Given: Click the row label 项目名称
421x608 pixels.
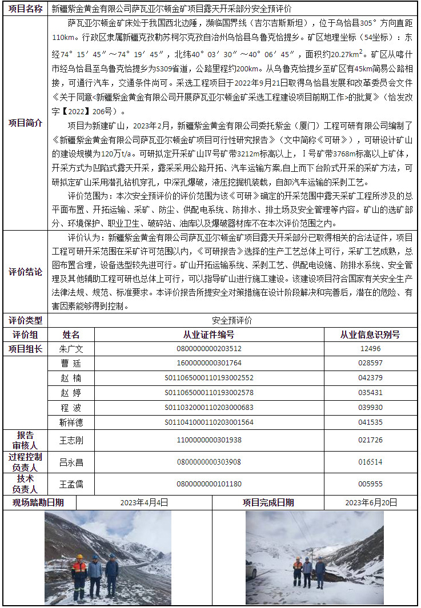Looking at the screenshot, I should [x=25, y=9].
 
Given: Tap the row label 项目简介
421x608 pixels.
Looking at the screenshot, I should [x=25, y=123].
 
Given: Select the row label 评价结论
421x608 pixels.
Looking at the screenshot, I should [x=25, y=272].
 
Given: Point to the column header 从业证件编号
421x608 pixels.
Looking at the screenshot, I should [x=209, y=335].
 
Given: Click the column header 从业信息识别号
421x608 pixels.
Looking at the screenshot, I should [x=370, y=335].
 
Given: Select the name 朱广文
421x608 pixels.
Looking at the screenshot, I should [x=71, y=349].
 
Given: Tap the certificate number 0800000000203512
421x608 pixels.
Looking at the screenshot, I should [x=209, y=349].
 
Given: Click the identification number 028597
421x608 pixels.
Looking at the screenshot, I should [x=370, y=363].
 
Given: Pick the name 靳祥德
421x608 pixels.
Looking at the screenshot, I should [x=71, y=422].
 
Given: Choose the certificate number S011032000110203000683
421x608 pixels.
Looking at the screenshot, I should [x=209, y=408].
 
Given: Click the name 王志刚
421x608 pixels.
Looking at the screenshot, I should [x=71, y=440].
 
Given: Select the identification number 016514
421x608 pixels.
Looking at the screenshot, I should [x=370, y=462].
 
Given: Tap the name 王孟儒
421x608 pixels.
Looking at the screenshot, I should [x=71, y=484].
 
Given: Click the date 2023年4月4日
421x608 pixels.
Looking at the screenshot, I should [x=144, y=502].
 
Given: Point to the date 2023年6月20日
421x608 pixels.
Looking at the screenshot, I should [x=371, y=502].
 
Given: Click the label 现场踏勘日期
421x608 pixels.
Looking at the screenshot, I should [x=38, y=502].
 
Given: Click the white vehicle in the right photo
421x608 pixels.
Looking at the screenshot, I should [x=251, y=571].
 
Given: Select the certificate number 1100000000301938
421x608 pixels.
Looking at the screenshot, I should [x=209, y=440].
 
